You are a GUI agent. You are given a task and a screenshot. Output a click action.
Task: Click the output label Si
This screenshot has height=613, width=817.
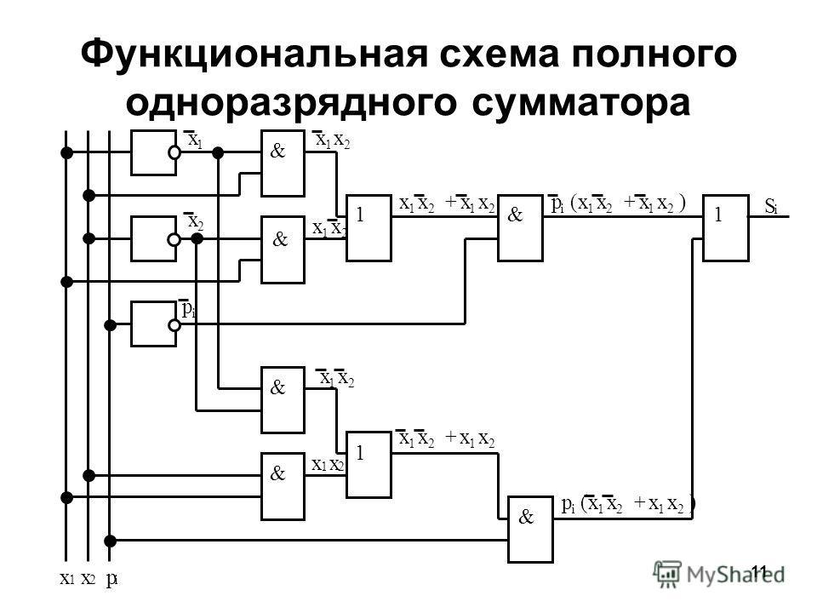[771, 207]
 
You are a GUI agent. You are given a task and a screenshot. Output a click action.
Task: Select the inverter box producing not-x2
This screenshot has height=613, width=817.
[153, 239]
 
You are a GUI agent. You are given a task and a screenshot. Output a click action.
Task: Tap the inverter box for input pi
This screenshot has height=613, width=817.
[153, 324]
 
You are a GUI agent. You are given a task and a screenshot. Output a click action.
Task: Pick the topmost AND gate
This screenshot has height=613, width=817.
[283, 163]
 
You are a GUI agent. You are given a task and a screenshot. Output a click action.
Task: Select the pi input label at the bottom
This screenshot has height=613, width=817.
[111, 581]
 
